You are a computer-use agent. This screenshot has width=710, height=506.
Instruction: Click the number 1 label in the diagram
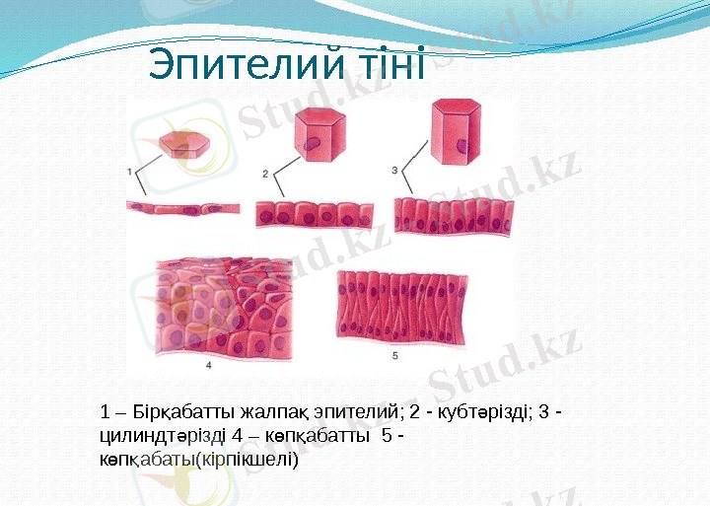coord(130,172)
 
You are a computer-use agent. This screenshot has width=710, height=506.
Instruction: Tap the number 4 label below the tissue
coord(209,364)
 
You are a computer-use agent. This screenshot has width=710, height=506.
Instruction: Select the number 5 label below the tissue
coord(395,354)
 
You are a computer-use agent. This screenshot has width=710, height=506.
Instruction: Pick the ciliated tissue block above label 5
coord(405,304)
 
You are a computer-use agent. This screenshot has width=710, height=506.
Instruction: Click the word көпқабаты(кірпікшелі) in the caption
coord(198,459)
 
